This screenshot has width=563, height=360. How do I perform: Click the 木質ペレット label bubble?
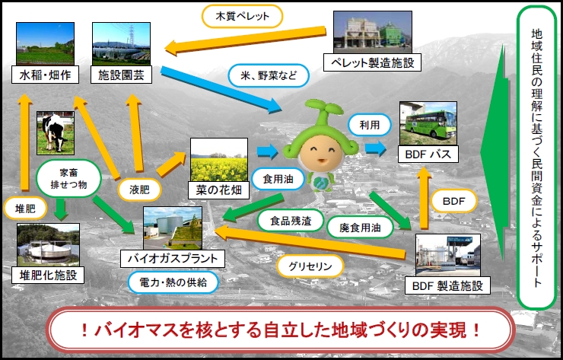coord(243,16)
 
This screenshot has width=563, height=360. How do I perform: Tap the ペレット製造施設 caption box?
coord(372,62)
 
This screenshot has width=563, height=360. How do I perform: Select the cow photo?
coord(56,133)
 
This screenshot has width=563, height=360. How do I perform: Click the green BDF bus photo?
coord(428,123)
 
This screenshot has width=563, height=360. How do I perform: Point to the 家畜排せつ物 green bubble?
coord(68,179)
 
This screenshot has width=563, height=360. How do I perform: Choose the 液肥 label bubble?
coord(139,190)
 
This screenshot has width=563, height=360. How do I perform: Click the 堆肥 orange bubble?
coord(25,208)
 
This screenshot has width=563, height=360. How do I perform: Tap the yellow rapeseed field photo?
coord(219,160)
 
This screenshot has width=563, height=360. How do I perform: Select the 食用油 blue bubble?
coord(278,179)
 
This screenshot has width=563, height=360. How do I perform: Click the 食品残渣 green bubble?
coord(291,220)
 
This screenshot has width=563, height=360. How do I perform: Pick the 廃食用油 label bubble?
coord(360,227)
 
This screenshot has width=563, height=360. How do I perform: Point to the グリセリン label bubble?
coord(310,266)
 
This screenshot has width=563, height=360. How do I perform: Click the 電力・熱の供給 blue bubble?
coord(173,282)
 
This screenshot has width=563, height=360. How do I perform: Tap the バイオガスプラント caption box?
coord(173,259)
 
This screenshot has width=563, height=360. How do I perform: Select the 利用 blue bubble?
coord(370,125)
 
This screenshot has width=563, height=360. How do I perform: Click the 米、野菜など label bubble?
coord(269,75)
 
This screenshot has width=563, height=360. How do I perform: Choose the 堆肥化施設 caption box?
coord(48,276)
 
